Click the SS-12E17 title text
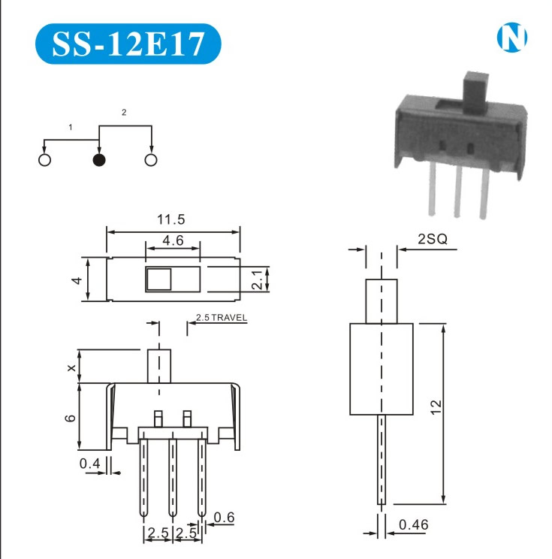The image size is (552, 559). click(x=128, y=44)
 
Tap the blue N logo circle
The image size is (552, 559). click(x=511, y=38)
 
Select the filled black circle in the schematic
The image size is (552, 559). click(x=98, y=160)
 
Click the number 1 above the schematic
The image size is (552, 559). click(x=71, y=127)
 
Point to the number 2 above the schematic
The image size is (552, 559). click(x=124, y=112)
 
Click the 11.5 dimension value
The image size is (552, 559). click(x=171, y=219)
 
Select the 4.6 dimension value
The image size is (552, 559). click(x=173, y=240)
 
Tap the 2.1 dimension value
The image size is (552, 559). click(x=257, y=279)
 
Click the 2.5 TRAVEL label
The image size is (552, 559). click(x=222, y=317)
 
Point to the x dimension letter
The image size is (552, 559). click(x=71, y=367)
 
